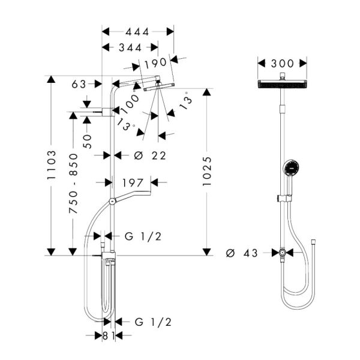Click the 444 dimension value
click(137, 32)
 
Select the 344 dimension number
click(130, 48)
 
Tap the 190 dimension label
click(155, 62)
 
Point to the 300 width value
click(282, 64)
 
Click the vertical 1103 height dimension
click(51, 164)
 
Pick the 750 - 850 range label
click(73, 184)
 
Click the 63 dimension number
click(79, 84)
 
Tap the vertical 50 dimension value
click(87, 142)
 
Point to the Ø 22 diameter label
click(150, 156)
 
